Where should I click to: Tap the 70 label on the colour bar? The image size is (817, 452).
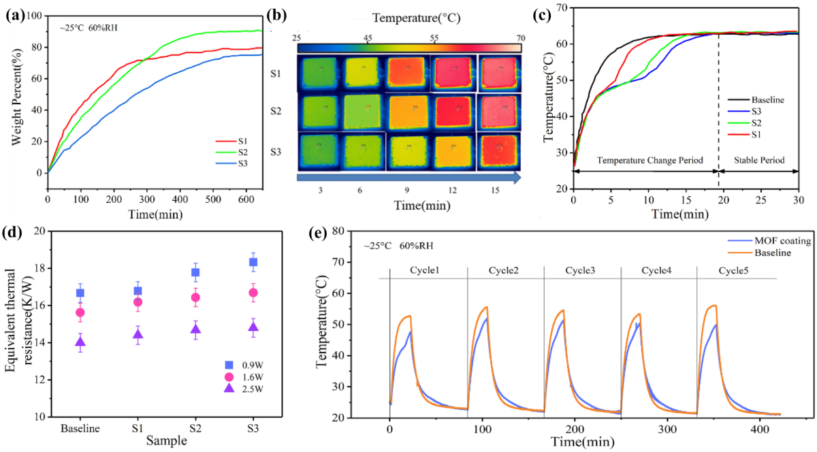coord(519,37)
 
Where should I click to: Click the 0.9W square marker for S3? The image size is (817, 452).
coord(253,262)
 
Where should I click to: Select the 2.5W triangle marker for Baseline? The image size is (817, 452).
coord(80,342)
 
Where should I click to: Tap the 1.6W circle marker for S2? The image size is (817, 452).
coord(195,297)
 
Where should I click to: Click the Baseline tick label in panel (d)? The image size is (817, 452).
coord(80,430)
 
